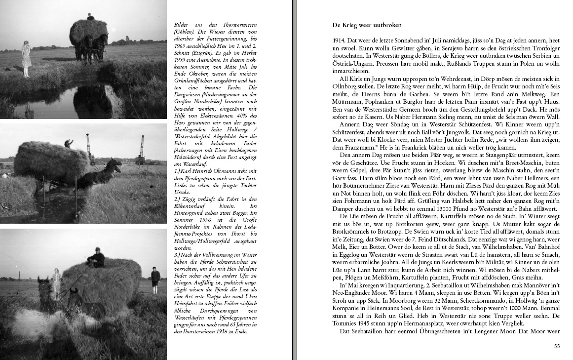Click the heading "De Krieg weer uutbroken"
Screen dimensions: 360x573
(x=367, y=25)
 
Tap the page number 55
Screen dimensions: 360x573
(x=557, y=346)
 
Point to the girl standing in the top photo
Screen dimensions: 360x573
(x=26, y=59)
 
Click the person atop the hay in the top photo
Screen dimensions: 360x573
(x=90, y=16)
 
